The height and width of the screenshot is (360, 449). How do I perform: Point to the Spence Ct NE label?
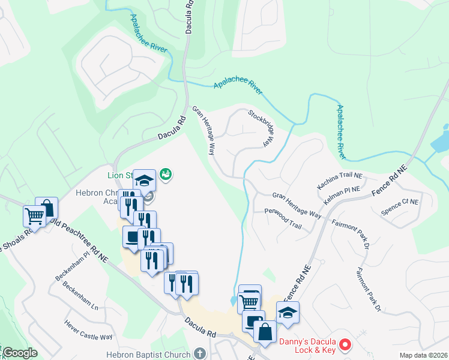click(x=400, y=207)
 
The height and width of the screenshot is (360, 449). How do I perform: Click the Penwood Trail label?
click(x=283, y=218)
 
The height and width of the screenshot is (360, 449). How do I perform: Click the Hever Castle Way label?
click(x=89, y=329)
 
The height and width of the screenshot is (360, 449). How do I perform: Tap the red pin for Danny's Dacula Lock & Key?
click(x=345, y=345)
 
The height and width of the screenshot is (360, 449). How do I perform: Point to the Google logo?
click(x=20, y=353)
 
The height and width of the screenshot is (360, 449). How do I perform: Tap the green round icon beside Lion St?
click(x=166, y=174)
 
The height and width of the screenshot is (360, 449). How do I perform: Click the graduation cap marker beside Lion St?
click(x=144, y=180)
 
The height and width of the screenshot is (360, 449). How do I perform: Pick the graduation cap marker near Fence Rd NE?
click(x=288, y=312)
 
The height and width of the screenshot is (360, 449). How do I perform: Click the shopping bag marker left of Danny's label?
click(x=265, y=331)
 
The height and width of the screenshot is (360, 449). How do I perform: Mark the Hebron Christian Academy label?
click(x=99, y=197)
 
